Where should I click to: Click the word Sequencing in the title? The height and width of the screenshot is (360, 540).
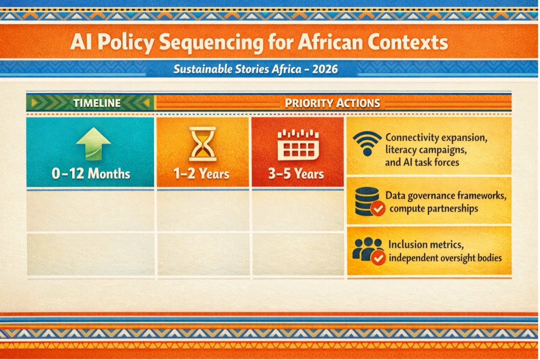[211, 43]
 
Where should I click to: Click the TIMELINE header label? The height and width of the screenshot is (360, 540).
[97, 103]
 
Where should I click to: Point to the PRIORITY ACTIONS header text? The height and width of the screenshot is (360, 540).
[332, 103]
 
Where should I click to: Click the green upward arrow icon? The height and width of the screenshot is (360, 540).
[94, 144]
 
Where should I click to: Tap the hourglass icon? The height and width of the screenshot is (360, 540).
[203, 144]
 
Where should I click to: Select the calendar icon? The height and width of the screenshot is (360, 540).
[298, 145]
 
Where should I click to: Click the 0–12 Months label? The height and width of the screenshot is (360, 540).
[91, 173]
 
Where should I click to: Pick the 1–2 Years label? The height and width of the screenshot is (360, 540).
[201, 174]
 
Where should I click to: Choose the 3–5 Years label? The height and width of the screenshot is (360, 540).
[296, 174]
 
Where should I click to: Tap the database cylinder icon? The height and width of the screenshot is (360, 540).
[367, 201]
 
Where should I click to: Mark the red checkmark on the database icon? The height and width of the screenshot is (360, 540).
[378, 208]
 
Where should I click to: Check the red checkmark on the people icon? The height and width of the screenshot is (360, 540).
[378, 258]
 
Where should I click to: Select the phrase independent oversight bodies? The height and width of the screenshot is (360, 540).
[445, 258]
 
